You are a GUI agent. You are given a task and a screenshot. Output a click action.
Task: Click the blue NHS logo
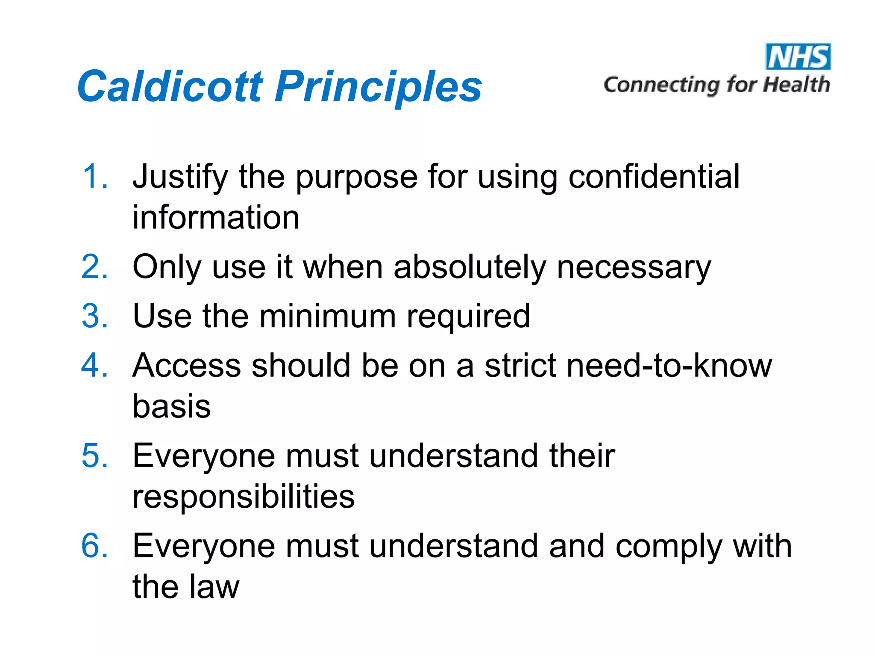pyautogui.click(x=798, y=56)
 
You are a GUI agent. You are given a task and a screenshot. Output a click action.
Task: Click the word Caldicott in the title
pyautogui.click(x=170, y=87)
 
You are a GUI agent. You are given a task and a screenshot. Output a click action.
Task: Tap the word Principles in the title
pyautogui.click(x=379, y=87)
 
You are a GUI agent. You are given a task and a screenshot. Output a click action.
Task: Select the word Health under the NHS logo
pyautogui.click(x=796, y=84)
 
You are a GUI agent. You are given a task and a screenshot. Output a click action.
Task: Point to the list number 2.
pyautogui.click(x=95, y=267)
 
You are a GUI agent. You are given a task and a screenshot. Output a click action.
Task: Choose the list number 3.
pyautogui.click(x=95, y=316)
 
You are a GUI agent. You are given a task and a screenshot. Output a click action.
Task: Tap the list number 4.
pyautogui.click(x=95, y=365)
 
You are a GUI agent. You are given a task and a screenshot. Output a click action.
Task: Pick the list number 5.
pyautogui.click(x=95, y=456)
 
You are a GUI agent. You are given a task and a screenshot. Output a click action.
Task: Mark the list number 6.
pyautogui.click(x=95, y=546)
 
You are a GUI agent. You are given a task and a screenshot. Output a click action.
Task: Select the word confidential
pyautogui.click(x=654, y=176)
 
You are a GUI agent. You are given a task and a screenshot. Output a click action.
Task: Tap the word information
pyautogui.click(x=216, y=217)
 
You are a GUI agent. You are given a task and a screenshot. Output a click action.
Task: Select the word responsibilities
pyautogui.click(x=244, y=497)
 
